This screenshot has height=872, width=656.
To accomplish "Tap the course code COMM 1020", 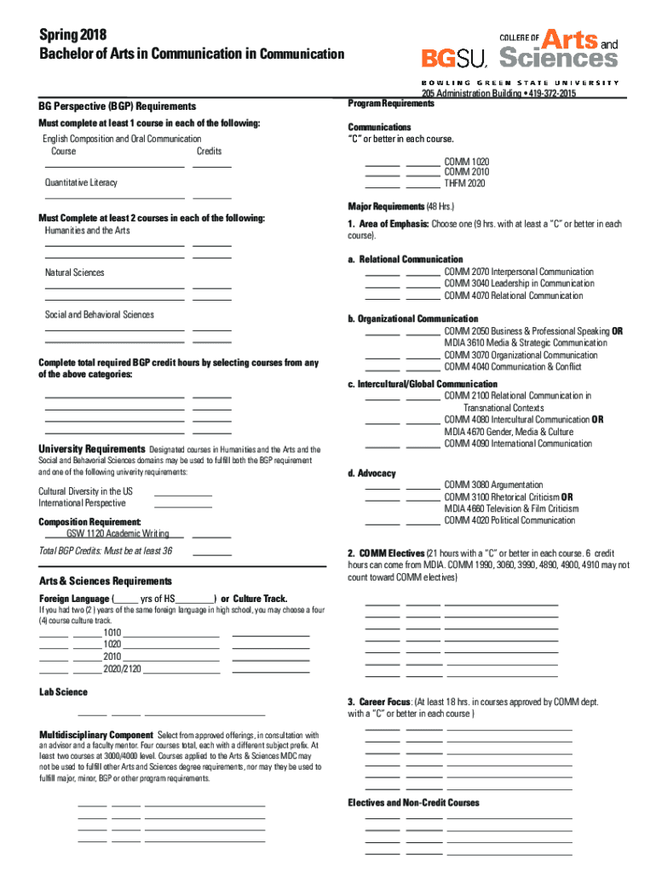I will [466, 161].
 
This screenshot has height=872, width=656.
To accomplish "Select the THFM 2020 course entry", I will [464, 183].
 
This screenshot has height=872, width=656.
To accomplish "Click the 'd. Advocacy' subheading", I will [371, 473].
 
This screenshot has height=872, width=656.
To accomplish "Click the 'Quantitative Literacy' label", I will [81, 183].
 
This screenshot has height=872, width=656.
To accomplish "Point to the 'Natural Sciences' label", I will [75, 272].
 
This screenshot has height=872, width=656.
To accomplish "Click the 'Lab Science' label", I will [63, 692].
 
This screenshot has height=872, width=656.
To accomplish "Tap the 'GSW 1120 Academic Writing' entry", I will [118, 534].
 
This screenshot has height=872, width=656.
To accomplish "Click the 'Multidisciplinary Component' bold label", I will [95, 734].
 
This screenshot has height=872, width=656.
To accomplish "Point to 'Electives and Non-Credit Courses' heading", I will [413, 803].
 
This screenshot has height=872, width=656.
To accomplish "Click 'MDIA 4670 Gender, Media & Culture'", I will [508, 432].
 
